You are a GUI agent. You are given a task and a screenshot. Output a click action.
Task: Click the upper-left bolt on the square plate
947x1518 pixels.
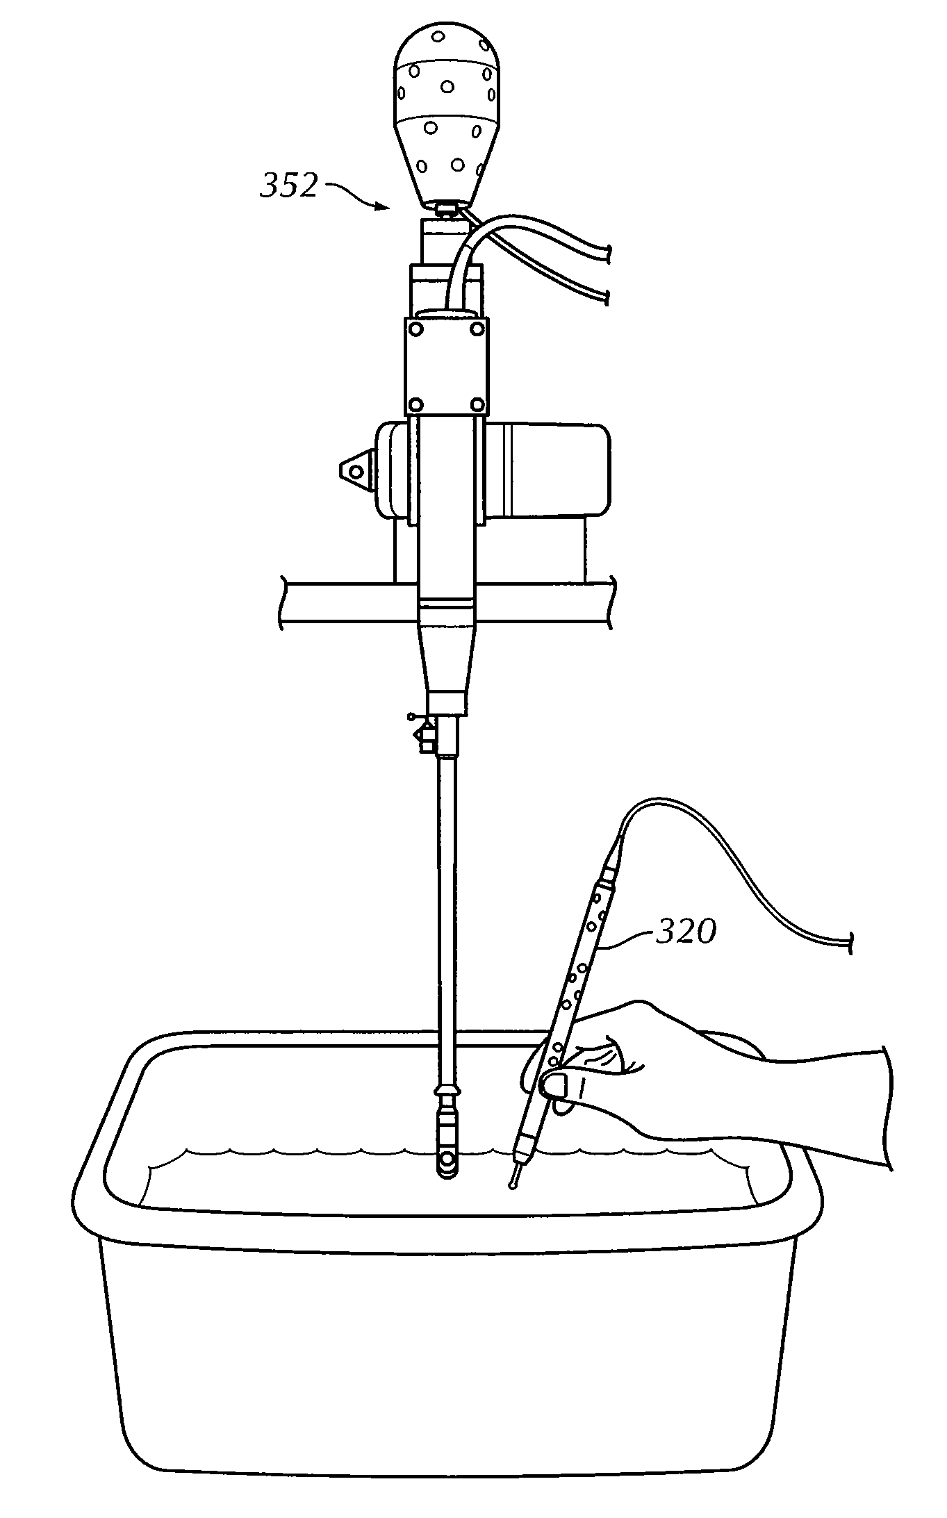pyautogui.click(x=416, y=327)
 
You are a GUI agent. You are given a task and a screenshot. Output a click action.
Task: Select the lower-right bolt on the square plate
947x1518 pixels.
pyautogui.click(x=477, y=404)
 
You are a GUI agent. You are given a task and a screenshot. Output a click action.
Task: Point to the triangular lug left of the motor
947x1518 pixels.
pyautogui.click(x=354, y=471)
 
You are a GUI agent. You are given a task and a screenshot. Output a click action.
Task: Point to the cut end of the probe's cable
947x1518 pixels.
pyautogui.click(x=850, y=943)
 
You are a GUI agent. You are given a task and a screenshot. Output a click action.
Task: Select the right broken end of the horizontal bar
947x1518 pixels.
pyautogui.click(x=611, y=602)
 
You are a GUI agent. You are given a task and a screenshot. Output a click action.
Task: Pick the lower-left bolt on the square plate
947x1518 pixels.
pyautogui.click(x=416, y=404)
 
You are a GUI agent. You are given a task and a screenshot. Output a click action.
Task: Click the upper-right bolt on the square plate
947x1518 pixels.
pyautogui.click(x=477, y=327)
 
